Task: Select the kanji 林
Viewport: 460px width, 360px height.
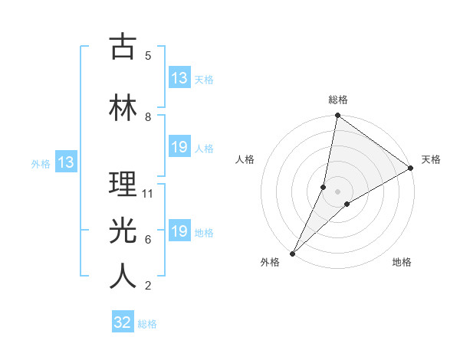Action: coord(123,107)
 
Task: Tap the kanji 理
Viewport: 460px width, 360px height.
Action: coord(123,185)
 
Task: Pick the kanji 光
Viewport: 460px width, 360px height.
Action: coord(123,231)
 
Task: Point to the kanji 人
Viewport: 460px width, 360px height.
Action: coord(123,277)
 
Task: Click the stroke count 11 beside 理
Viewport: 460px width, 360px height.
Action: coord(149,194)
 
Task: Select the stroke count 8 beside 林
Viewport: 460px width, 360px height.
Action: coord(148,117)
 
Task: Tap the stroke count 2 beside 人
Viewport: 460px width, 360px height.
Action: coord(148,286)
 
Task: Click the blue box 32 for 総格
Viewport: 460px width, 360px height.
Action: coord(123,322)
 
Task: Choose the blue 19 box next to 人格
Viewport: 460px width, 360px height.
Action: coord(179,147)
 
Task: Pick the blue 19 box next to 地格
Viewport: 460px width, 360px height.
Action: coord(179,231)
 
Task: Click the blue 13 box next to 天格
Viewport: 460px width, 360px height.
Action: coord(179,78)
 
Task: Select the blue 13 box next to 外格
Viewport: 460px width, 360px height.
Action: coord(65,162)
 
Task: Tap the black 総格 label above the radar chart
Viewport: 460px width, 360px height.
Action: coord(337,100)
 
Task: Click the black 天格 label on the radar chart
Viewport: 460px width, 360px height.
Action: coord(431,159)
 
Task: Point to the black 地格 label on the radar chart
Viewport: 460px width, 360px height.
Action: coord(402,262)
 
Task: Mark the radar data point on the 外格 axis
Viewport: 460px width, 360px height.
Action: coord(292,254)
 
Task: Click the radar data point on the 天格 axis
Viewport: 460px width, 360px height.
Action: coord(410,168)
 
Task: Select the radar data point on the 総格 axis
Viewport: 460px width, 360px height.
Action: coord(337,116)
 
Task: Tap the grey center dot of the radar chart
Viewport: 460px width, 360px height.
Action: coord(337,191)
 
